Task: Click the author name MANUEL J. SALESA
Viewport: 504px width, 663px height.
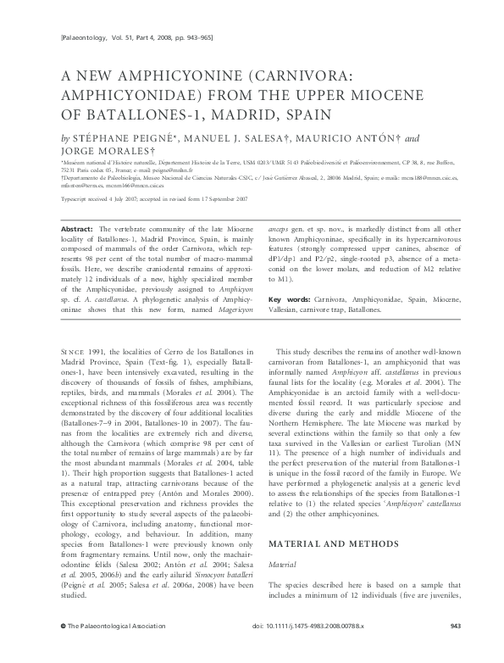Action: pos(223,137)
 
